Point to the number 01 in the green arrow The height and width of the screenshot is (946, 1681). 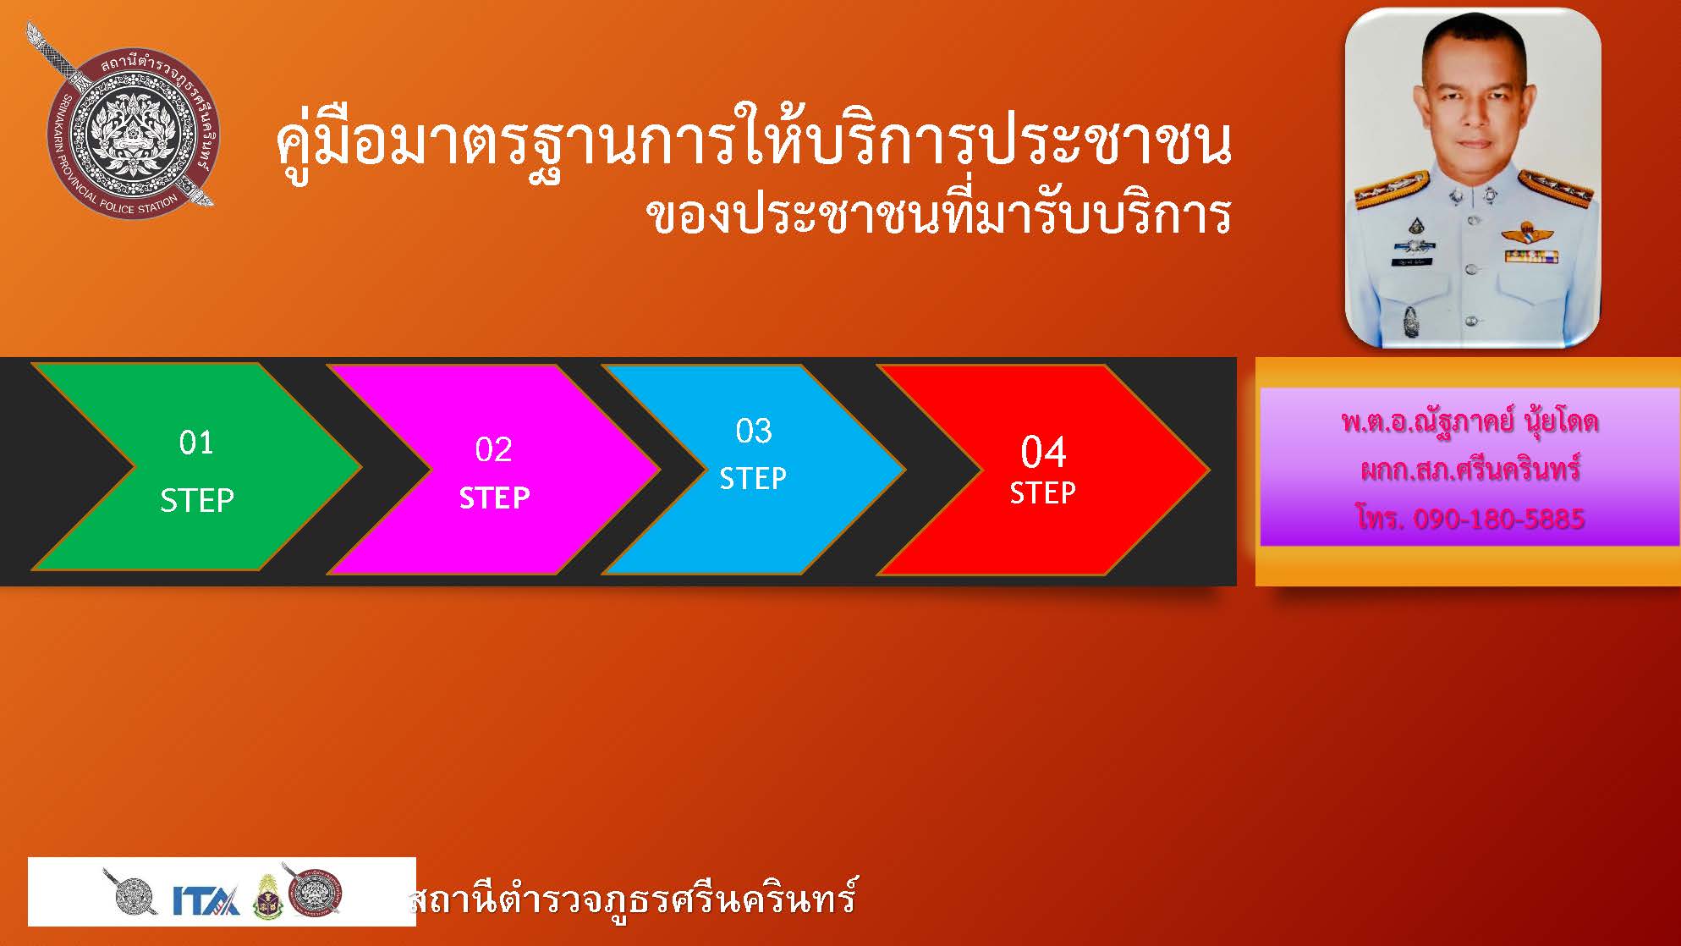196,443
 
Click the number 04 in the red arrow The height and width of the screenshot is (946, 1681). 1043,453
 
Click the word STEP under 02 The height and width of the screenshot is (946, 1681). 495,498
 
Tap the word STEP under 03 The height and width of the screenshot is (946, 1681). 753,479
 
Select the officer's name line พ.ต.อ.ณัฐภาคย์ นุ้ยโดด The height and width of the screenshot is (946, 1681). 1470,421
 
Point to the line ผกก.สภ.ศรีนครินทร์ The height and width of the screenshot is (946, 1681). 1470,470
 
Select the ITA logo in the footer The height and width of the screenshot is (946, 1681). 206,899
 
